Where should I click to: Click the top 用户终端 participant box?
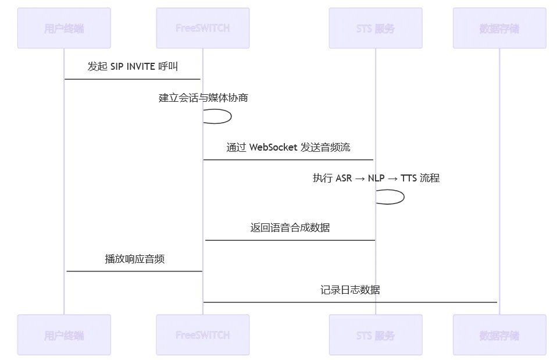[64, 28]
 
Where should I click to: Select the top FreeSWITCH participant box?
[202, 28]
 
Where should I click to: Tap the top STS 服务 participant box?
[375, 28]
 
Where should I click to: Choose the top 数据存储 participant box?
[499, 28]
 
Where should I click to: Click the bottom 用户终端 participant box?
[64, 335]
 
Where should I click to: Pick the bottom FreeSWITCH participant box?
[202, 335]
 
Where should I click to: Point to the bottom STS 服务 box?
[375, 335]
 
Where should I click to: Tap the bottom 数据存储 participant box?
[499, 335]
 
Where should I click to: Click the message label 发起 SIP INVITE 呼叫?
[133, 66]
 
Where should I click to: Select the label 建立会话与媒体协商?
[203, 98]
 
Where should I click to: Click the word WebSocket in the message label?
[273, 147]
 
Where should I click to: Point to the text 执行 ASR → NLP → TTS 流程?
[376, 178]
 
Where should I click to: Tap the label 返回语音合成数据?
[290, 227]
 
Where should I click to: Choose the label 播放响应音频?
[134, 259]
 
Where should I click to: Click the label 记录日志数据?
[350, 290]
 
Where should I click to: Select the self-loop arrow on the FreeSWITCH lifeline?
[230, 116]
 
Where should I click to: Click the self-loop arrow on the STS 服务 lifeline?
[403, 197]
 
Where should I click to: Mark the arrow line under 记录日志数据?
[350, 302]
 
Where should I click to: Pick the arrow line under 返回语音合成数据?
[290, 240]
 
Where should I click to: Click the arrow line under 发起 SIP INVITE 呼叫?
[133, 79]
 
